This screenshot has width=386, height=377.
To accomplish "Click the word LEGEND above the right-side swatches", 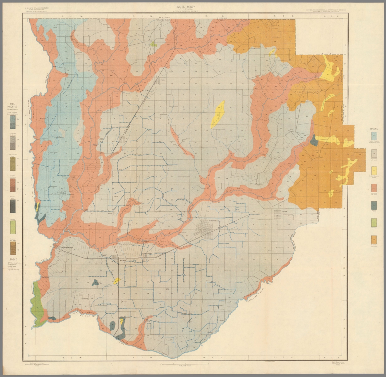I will pos(374,129).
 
